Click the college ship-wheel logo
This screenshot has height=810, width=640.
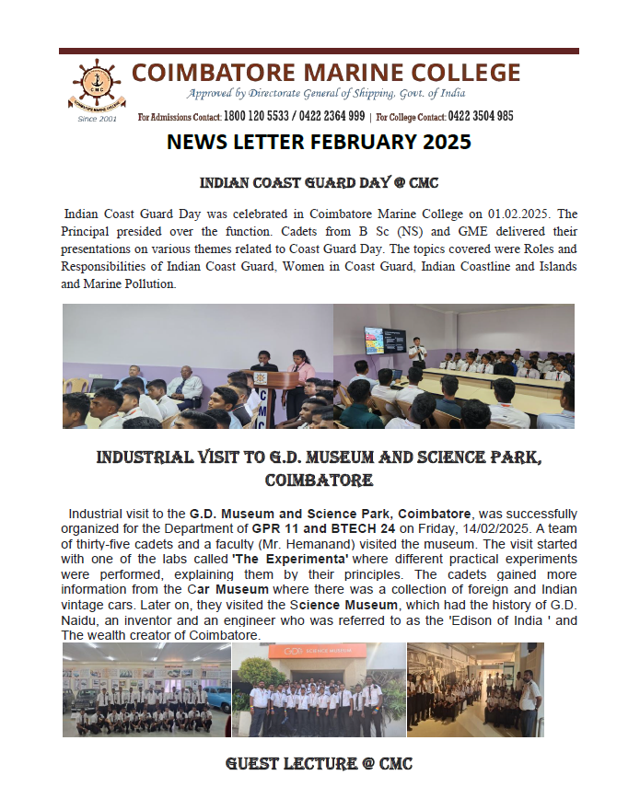pos(97,86)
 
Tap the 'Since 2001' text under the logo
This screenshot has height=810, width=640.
pos(97,119)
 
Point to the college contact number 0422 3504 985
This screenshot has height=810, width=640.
pos(480,117)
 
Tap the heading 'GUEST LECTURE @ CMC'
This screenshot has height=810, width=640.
pos(319,764)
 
